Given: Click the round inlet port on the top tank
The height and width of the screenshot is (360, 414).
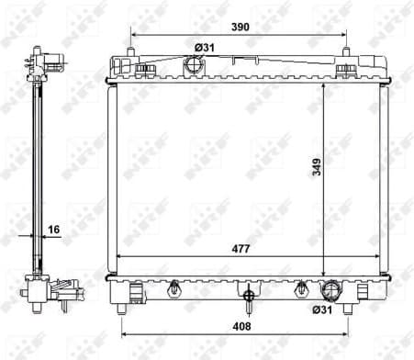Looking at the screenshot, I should pos(193,66).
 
